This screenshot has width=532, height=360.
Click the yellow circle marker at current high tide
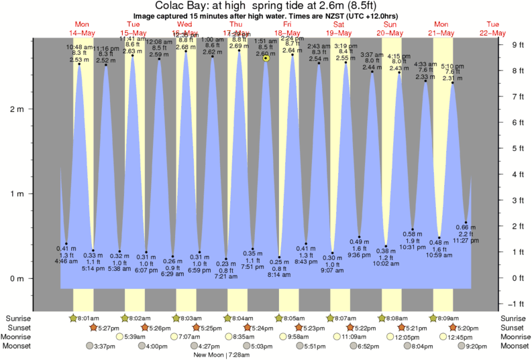point(266,58)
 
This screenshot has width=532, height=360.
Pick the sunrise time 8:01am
point(88,318)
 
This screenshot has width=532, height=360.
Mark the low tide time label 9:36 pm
point(359,255)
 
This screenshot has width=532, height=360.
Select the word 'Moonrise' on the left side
point(19,337)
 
